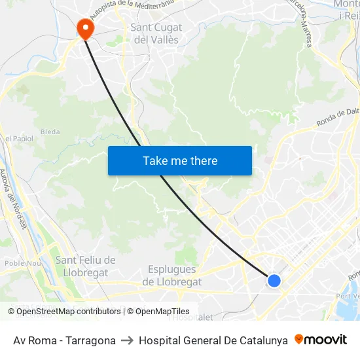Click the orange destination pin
(85, 27)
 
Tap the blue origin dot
(274, 281)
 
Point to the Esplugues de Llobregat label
(172, 276)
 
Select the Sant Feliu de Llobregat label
(86, 266)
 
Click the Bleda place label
(50, 132)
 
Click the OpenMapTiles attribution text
(161, 312)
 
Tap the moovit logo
(321, 340)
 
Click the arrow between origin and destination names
(127, 340)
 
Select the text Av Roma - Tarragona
(64, 340)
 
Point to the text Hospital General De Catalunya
(213, 340)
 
